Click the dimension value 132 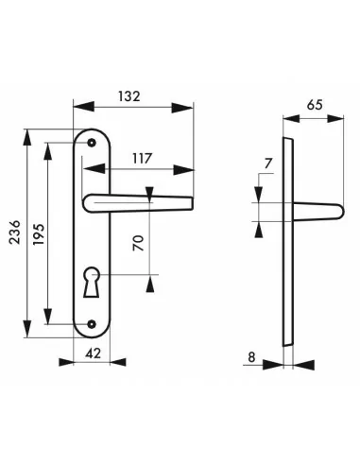pos(129,96)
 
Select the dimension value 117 pos(142,159)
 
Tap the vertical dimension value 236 pos(14,232)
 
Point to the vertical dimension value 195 pos(39,234)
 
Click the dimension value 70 pos(138,243)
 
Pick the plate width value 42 pos(94,353)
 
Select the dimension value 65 pos(315,105)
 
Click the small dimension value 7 pos(268,164)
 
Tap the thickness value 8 pos(251,357)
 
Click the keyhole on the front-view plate pos(92,282)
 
